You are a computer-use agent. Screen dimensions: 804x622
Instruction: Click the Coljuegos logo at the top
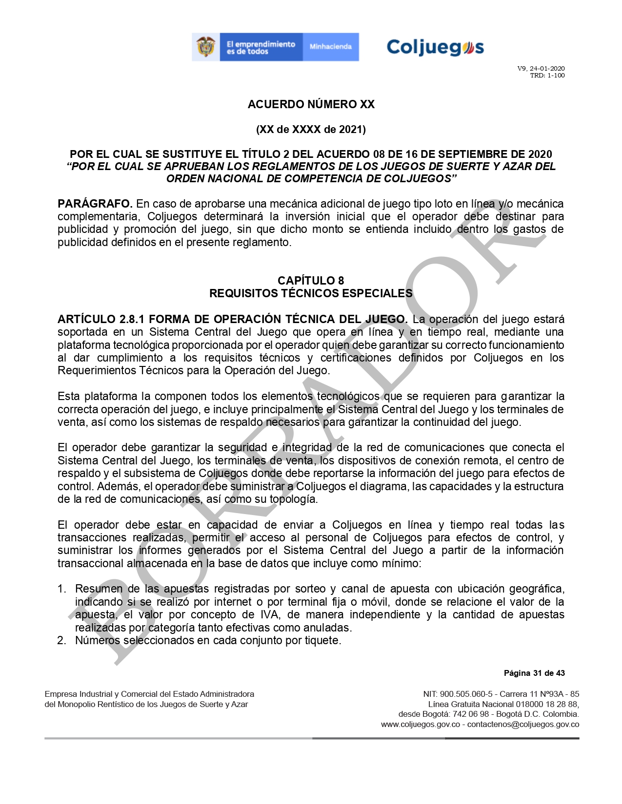click(435, 47)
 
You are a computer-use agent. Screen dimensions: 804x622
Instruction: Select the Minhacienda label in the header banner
click(330, 47)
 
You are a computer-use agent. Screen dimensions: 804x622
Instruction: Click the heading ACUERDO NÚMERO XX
click(311, 104)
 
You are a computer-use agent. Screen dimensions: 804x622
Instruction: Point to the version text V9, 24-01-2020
click(541, 69)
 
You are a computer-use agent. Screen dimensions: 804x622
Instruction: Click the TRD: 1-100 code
click(547, 76)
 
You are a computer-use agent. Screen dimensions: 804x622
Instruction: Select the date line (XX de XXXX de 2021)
click(311, 129)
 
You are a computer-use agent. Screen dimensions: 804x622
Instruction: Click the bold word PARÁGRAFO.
click(95, 204)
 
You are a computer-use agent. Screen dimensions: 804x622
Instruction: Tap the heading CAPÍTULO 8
click(311, 281)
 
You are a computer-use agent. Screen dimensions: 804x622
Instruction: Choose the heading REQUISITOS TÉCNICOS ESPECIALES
click(311, 293)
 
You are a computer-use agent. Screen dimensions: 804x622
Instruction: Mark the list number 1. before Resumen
click(61, 589)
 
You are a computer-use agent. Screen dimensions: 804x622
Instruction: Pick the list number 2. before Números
click(61, 640)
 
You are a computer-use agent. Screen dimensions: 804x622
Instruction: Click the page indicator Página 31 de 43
click(534, 673)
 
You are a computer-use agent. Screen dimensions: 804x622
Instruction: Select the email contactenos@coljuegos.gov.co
click(523, 724)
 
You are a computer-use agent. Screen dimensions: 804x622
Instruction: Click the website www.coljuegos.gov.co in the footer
click(421, 724)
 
